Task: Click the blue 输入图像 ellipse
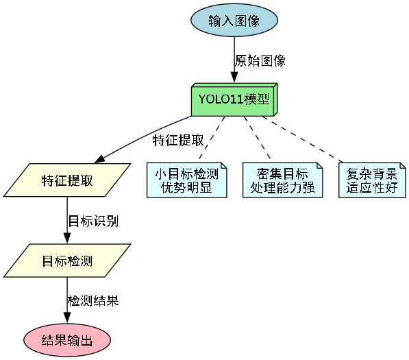click(x=234, y=20)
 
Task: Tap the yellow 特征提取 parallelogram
click(x=67, y=181)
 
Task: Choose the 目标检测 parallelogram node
click(x=67, y=261)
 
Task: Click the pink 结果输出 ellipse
click(x=67, y=340)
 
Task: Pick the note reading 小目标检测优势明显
click(x=187, y=180)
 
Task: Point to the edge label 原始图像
click(x=260, y=60)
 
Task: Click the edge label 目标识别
click(x=93, y=221)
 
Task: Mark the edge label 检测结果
click(x=93, y=301)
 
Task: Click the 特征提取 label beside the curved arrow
click(x=178, y=141)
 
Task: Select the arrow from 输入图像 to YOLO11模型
click(x=234, y=58)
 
